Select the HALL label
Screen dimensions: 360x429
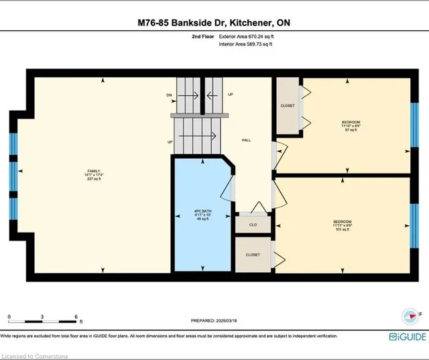click(x=246, y=139)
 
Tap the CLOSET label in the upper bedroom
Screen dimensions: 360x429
click(x=288, y=105)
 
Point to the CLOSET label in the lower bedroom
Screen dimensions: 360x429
click(x=253, y=255)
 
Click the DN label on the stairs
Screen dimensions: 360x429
click(x=169, y=95)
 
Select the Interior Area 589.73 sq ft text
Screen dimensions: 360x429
click(x=246, y=44)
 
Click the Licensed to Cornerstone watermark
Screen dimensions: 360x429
click(x=33, y=353)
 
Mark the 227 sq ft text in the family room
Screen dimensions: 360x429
click(x=93, y=180)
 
